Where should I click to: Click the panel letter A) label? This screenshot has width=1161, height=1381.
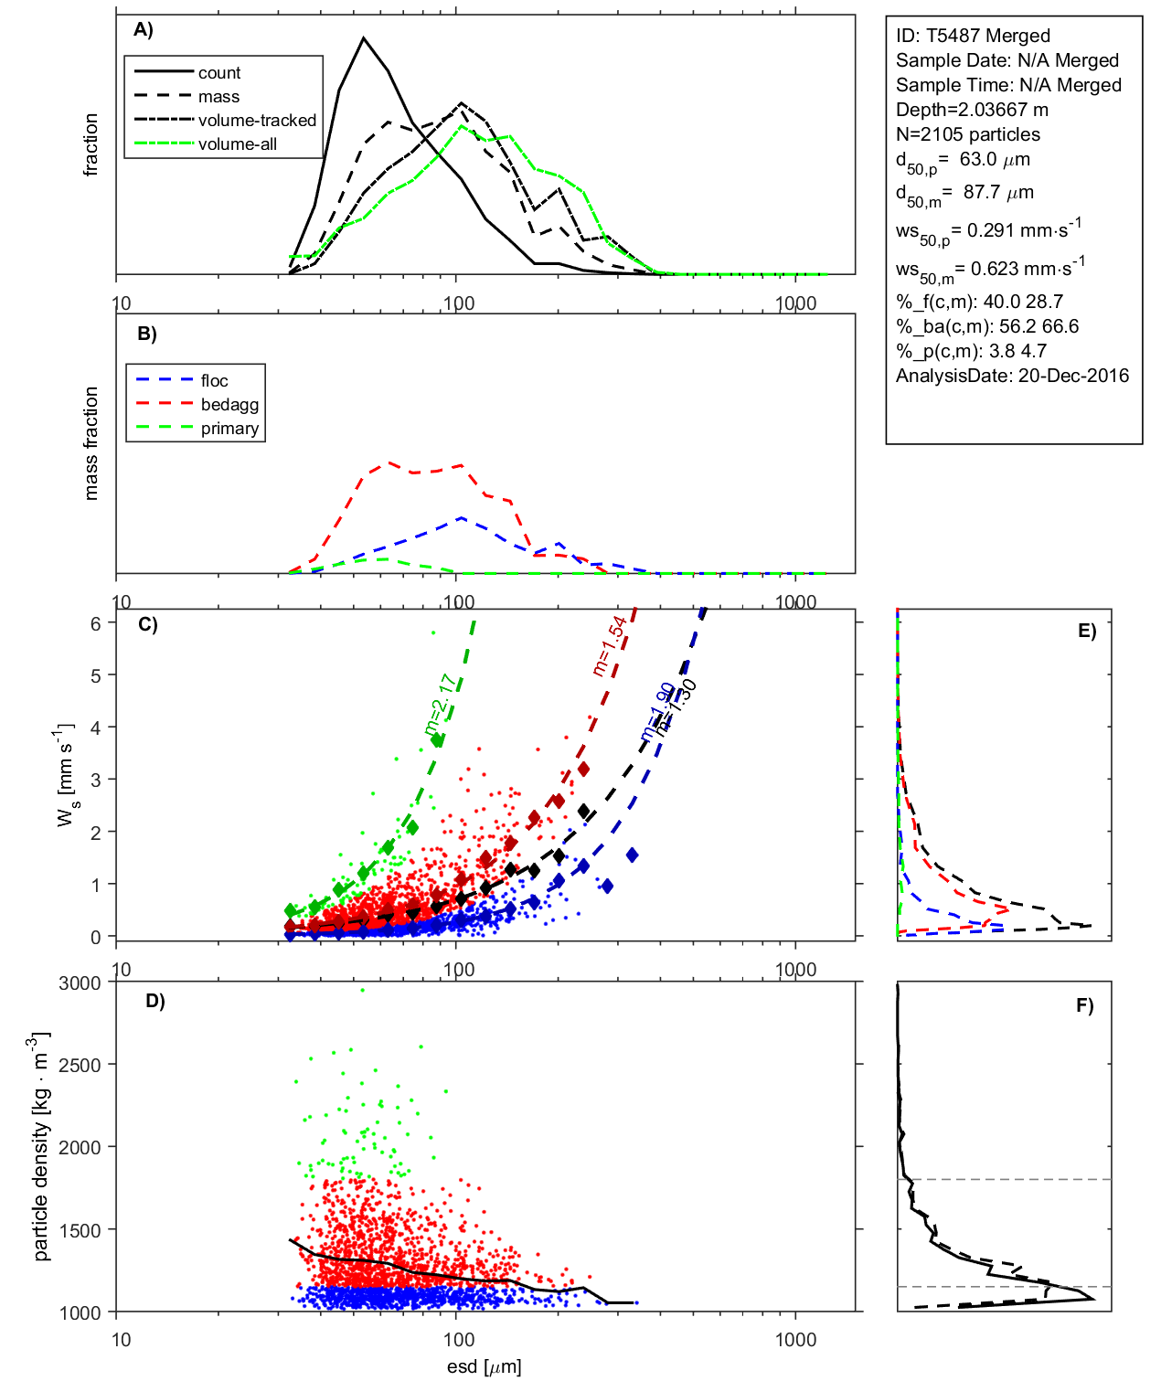click(144, 30)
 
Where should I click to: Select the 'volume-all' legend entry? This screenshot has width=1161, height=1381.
click(237, 144)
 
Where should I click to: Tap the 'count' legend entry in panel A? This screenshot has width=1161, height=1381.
click(219, 73)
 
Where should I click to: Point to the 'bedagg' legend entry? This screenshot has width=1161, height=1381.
click(229, 405)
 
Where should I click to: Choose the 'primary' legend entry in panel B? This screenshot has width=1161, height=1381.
click(229, 429)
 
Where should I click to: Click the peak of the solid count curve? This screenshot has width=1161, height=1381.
click(364, 38)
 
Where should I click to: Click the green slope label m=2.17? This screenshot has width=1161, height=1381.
click(440, 705)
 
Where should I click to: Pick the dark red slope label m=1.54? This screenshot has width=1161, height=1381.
click(609, 646)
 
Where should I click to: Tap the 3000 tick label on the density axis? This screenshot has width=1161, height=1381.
click(80, 983)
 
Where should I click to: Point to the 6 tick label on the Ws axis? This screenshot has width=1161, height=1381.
click(95, 623)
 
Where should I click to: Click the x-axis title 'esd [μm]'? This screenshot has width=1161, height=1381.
click(485, 1366)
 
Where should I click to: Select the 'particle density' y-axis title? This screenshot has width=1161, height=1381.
click(41, 1146)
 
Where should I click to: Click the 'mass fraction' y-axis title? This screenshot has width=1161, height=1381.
click(91, 443)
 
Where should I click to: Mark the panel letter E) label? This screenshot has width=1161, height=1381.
click(1087, 632)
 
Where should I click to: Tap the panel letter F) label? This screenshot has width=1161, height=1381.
click(1085, 1006)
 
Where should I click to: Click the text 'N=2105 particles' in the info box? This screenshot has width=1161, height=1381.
click(967, 134)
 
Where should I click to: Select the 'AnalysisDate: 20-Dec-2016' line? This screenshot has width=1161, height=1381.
click(1012, 376)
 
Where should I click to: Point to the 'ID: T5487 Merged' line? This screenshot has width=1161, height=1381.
click(973, 36)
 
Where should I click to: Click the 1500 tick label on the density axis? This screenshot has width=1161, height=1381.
click(80, 1230)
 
